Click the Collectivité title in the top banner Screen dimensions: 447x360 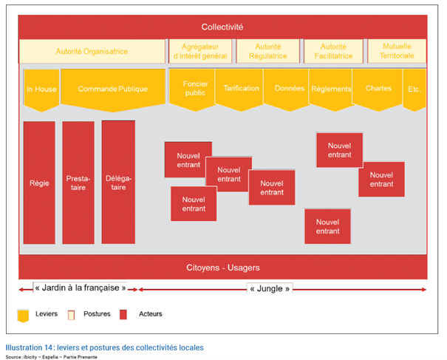pos(222,27)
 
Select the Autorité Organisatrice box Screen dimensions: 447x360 pos(92,51)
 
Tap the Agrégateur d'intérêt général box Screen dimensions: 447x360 pos(200,51)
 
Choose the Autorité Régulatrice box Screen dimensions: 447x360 pos(268,51)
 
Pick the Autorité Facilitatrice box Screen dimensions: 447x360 pos(333,51)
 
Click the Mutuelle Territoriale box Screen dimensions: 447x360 pos(397,51)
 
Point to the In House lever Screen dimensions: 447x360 pos(41,90)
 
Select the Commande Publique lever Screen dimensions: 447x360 pos(113,90)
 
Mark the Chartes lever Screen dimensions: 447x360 pos(378,89)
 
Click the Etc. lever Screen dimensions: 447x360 pos(414,89)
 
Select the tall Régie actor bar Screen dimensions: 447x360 pos(39,183)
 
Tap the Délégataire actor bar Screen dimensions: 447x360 pos(118,183)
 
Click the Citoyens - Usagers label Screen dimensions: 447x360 pos(223,268)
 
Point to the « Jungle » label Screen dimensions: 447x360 pos(270,289)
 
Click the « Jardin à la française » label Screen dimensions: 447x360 pos(81,288)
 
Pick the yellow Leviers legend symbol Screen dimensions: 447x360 pos(23,316)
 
